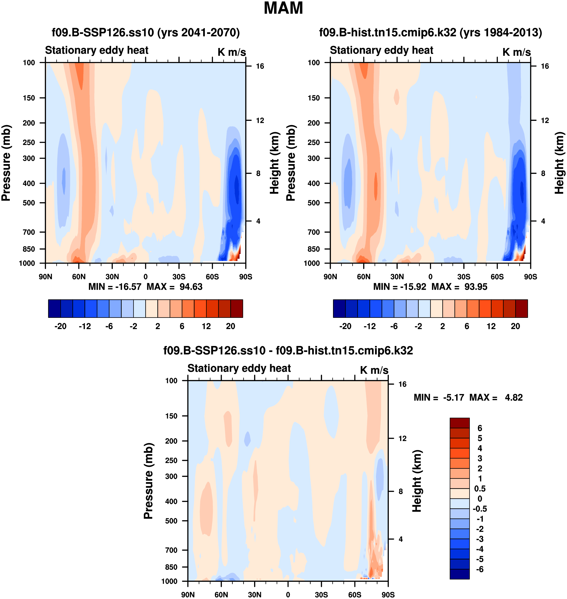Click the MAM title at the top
click(x=283, y=8)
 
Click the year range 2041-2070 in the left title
click(x=207, y=32)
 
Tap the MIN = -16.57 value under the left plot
click(x=115, y=286)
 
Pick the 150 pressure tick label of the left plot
click(x=29, y=98)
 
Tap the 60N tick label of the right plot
click(x=364, y=277)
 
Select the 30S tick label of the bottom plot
click(x=321, y=595)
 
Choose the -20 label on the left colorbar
click(x=60, y=326)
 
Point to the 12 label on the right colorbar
click(x=491, y=326)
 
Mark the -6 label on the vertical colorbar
click(x=480, y=569)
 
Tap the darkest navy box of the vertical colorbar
click(x=459, y=574)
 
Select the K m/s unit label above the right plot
click(x=516, y=52)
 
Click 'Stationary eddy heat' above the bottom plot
click(x=239, y=368)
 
